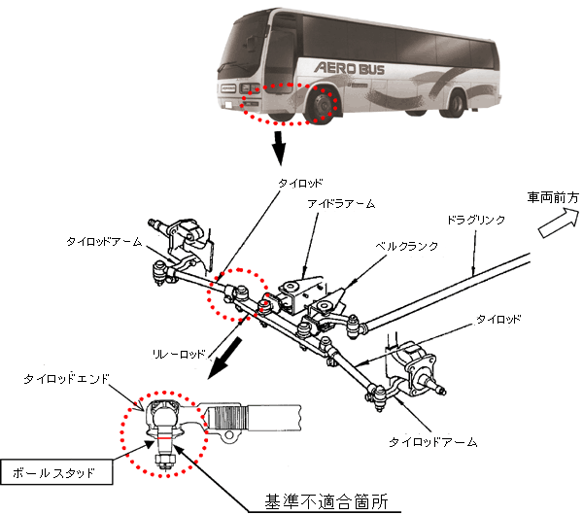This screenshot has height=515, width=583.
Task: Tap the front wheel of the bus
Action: pos(322,107)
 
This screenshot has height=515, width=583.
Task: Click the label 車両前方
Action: pos(552,197)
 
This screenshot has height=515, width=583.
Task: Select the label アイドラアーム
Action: pos(341,204)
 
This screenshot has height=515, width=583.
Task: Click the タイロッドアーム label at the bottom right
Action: pos(432,441)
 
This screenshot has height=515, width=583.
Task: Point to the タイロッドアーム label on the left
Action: pos(103,240)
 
